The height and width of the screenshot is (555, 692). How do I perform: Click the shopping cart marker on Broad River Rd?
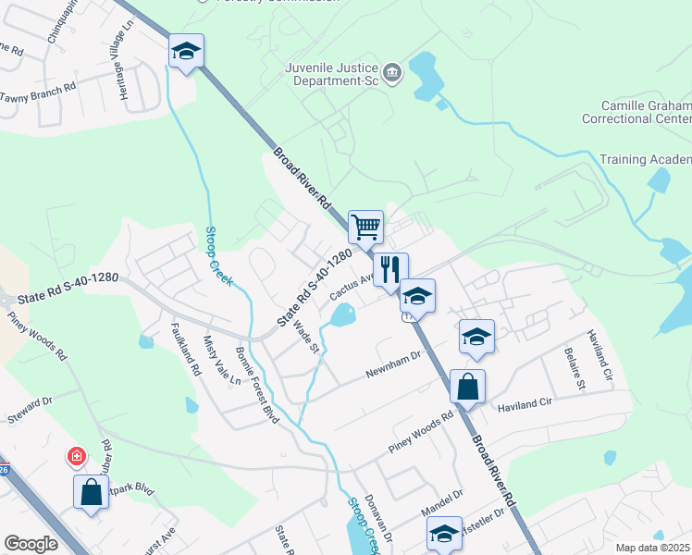[x=366, y=227]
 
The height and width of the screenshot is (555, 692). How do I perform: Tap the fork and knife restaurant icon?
[x=390, y=269]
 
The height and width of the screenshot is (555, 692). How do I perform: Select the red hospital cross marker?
[x=76, y=457]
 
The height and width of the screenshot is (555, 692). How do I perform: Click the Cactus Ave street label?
[x=351, y=290]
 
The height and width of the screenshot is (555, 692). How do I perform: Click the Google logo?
[x=31, y=544]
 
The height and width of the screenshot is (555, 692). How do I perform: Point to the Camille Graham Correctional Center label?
[x=636, y=113]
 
